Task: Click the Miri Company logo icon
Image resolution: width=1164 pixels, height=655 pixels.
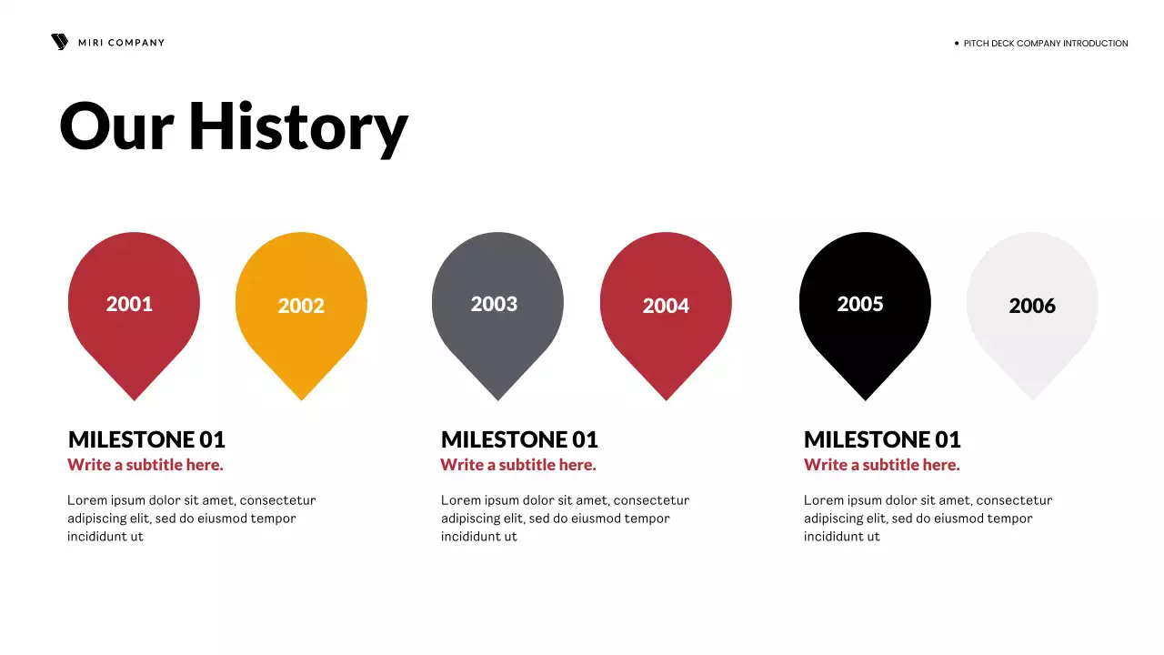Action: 59,42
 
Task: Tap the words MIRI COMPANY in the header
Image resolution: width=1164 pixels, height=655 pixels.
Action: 121,43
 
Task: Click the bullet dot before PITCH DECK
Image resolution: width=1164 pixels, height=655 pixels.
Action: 957,43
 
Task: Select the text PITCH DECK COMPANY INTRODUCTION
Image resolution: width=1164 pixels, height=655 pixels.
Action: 1046,44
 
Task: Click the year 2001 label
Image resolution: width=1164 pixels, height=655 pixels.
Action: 129,304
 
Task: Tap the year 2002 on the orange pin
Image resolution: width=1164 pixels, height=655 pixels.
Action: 301,306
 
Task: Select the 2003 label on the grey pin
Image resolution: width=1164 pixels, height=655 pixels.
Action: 494,304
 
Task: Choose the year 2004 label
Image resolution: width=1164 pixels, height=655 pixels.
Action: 666,306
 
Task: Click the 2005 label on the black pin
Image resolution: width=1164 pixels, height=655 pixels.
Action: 860,304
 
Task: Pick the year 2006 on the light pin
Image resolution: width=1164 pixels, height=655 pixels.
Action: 1032,306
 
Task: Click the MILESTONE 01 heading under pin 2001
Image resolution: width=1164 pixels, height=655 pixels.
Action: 146,440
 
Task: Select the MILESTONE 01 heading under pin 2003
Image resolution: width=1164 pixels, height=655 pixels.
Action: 519,440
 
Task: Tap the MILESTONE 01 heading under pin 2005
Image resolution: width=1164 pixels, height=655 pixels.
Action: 882,440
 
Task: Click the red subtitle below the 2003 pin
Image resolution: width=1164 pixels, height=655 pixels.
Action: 518,465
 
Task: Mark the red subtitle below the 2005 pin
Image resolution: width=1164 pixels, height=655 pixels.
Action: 882,465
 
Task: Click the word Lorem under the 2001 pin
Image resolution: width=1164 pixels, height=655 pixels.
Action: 85,500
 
